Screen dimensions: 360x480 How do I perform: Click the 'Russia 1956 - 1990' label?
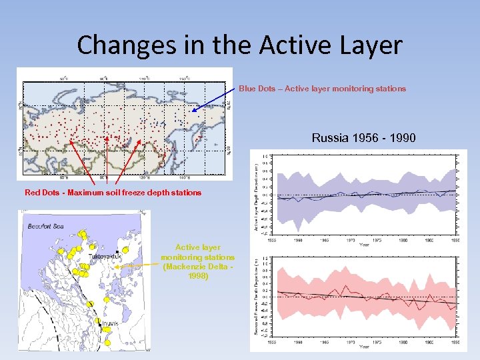tap(363, 138)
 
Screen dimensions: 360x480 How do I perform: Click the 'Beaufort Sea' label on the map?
tap(47, 227)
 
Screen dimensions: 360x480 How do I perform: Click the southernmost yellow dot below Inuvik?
tap(107, 343)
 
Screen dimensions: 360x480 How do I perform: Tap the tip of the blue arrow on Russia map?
tap(193, 111)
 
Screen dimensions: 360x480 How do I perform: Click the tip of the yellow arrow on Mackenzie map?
tap(115, 266)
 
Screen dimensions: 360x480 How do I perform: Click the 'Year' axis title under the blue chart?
tap(364, 244)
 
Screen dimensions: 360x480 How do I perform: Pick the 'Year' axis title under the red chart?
tap(364, 347)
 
